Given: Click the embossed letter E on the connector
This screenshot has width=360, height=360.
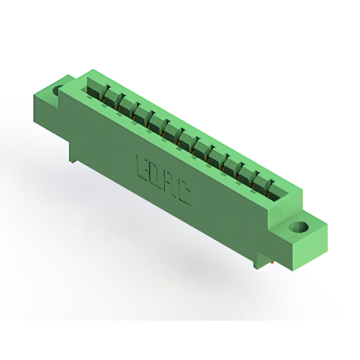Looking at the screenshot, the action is click(142, 168).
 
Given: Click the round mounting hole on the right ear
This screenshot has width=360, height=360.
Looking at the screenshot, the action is click(299, 227).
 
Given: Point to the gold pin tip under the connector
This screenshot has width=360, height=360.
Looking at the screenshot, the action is click(272, 261).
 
